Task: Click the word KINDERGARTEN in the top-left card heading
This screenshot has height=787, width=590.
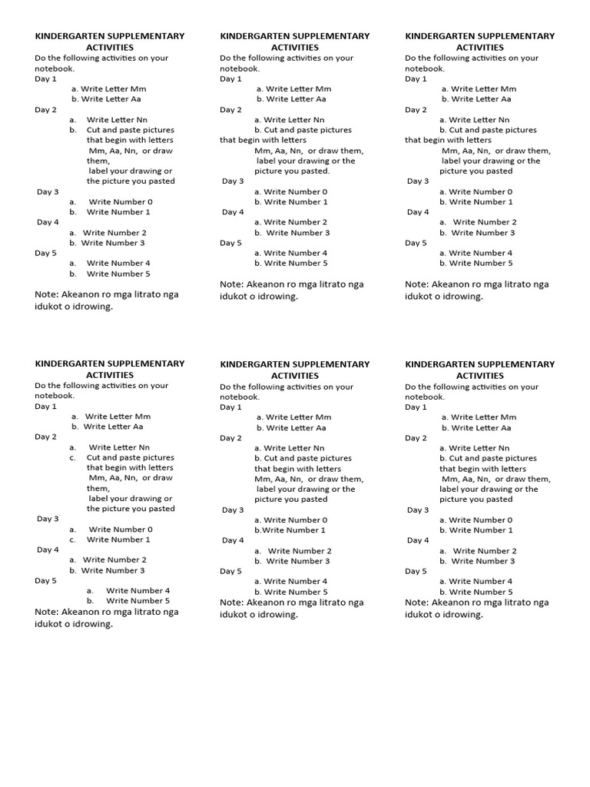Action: [63, 36]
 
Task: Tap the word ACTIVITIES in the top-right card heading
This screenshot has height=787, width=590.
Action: [479, 47]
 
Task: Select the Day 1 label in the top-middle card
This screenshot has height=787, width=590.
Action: [230, 78]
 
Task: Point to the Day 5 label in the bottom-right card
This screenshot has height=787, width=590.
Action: [416, 571]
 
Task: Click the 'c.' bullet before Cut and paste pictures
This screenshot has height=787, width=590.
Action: [72, 457]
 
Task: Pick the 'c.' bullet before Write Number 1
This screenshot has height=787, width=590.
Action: [72, 540]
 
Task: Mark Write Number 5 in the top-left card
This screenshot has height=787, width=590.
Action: [118, 274]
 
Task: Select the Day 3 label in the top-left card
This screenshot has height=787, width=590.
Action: [48, 191]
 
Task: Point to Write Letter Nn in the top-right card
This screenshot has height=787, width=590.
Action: [479, 120]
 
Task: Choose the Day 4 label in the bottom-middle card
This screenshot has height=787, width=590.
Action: [233, 540]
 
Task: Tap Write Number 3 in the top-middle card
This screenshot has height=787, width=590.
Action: [297, 233]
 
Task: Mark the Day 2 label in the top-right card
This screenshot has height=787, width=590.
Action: [416, 110]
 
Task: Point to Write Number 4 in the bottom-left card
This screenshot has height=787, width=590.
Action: [138, 591]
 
